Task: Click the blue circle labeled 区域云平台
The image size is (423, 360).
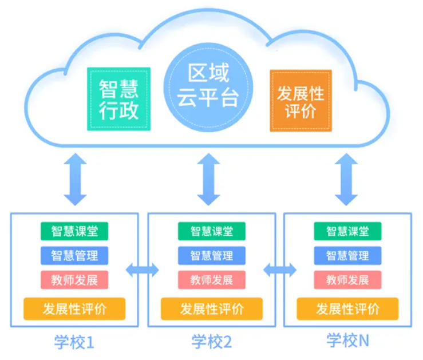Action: [x=208, y=86]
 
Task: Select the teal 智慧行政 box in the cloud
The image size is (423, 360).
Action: [x=119, y=99]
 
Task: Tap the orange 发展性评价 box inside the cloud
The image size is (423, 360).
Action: [x=301, y=101]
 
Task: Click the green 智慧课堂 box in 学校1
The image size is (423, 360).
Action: [x=74, y=231]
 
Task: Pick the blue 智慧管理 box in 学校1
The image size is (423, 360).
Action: [x=74, y=255]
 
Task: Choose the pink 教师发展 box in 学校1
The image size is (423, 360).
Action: [x=74, y=280]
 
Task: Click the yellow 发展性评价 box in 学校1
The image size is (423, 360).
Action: [x=74, y=309]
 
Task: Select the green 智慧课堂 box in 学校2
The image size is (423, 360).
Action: [x=211, y=231]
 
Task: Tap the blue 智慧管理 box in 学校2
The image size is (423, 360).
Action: [x=211, y=255]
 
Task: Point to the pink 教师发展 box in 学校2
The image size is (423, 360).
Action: [x=211, y=280]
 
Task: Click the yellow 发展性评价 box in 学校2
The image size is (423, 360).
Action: [x=211, y=309]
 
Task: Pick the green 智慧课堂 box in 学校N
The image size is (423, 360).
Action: [x=347, y=231]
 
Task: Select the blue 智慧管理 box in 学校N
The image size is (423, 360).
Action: [x=347, y=255]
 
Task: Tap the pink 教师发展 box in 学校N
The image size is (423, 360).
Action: [x=347, y=280]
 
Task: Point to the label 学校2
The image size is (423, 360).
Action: [x=211, y=342]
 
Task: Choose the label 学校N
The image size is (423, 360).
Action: [x=347, y=341]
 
